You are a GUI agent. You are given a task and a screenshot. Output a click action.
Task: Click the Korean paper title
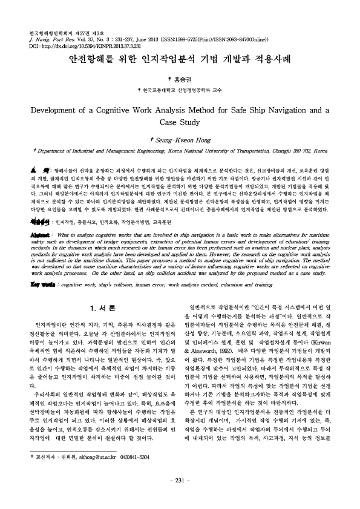tap(180, 61)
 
